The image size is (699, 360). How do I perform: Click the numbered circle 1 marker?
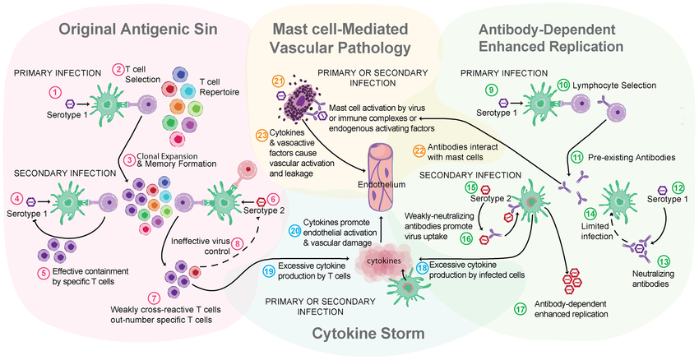(x=54, y=93)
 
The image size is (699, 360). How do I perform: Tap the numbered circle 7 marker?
(x=152, y=297)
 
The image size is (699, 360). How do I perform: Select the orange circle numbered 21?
(x=277, y=81)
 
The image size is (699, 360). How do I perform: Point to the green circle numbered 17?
(x=521, y=310)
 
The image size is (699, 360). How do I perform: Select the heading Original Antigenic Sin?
(x=138, y=30)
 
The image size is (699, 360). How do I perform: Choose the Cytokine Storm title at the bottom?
(x=368, y=333)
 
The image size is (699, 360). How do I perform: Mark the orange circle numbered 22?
(x=419, y=150)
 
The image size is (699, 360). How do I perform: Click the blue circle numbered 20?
(x=294, y=230)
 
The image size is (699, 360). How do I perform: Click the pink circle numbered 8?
(x=238, y=244)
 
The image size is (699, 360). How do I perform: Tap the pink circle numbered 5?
(x=44, y=273)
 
